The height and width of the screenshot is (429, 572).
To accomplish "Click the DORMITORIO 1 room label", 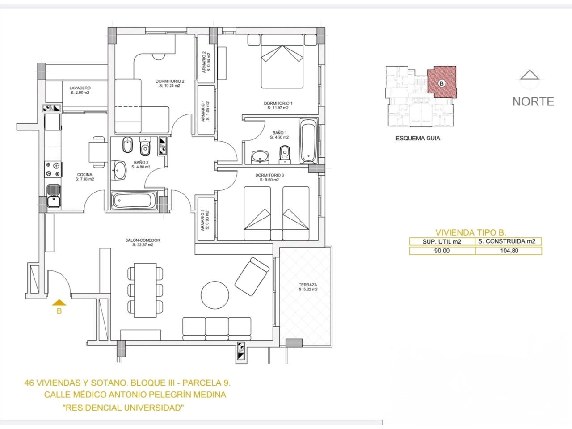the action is click(276, 103).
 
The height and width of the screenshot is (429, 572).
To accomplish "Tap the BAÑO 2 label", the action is click(141, 162).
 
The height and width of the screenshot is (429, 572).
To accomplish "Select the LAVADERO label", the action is click(80, 88).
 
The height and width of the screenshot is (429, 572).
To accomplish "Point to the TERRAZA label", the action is click(308, 285).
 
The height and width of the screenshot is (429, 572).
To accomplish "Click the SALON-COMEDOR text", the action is click(143, 240).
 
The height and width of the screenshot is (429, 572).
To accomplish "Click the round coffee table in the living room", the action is click(215, 295).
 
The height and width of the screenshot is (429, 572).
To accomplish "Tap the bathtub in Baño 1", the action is click(308, 141).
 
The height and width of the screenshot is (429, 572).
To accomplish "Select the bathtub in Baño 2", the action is click(134, 201).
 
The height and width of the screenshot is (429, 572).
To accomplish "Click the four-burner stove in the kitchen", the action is click(53, 169).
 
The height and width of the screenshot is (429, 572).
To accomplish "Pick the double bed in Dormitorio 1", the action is click(282, 62).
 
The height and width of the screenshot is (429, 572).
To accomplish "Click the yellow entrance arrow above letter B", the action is click(59, 303).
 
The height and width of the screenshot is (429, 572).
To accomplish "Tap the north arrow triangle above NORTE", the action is click(529, 75).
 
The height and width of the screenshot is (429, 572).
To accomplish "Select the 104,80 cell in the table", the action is click(509, 251).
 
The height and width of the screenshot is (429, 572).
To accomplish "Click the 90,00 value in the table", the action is click(442, 251).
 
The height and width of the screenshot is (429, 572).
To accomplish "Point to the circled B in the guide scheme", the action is click(442, 84).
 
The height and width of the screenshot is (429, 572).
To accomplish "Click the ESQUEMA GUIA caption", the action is click(418, 139).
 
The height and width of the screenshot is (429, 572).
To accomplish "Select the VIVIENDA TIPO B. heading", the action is click(471, 232).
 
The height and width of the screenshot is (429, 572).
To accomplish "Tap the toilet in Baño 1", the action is click(285, 155).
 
